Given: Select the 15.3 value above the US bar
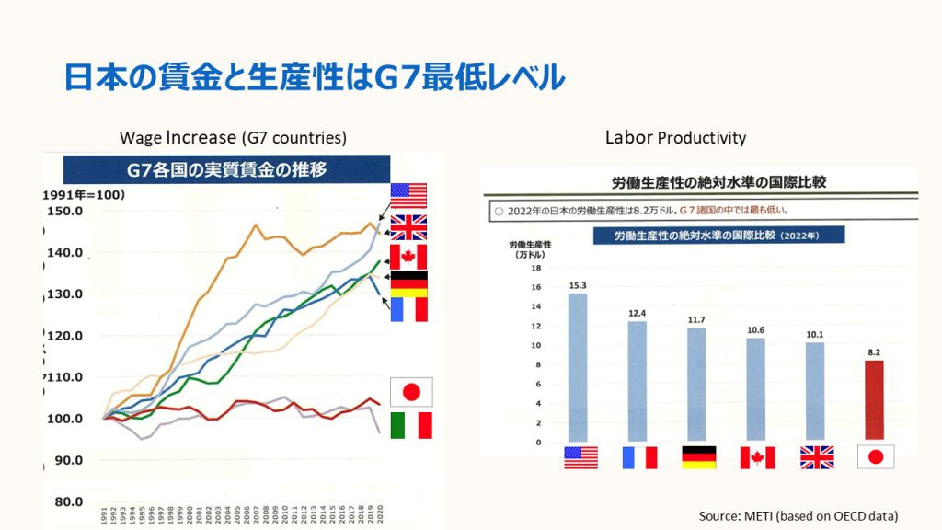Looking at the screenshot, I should (x=579, y=286).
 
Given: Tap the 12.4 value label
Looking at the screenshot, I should (x=637, y=314).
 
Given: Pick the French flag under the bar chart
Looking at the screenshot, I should (x=638, y=457).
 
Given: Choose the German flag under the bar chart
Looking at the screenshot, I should (x=697, y=457).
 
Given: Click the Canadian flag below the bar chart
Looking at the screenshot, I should (x=756, y=457).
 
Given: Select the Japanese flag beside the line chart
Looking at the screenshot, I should (x=410, y=392).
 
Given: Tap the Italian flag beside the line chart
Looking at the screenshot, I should (x=410, y=425).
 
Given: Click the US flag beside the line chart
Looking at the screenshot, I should (x=408, y=196).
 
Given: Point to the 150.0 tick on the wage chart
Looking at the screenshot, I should (x=65, y=211).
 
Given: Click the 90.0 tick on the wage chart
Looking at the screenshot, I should (x=67, y=460).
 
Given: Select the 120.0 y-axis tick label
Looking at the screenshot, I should (x=65, y=336).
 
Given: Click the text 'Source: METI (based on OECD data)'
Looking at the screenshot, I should (x=798, y=515).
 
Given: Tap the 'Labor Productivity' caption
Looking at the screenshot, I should (x=675, y=138).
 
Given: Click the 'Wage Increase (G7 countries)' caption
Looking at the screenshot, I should (x=233, y=138).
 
